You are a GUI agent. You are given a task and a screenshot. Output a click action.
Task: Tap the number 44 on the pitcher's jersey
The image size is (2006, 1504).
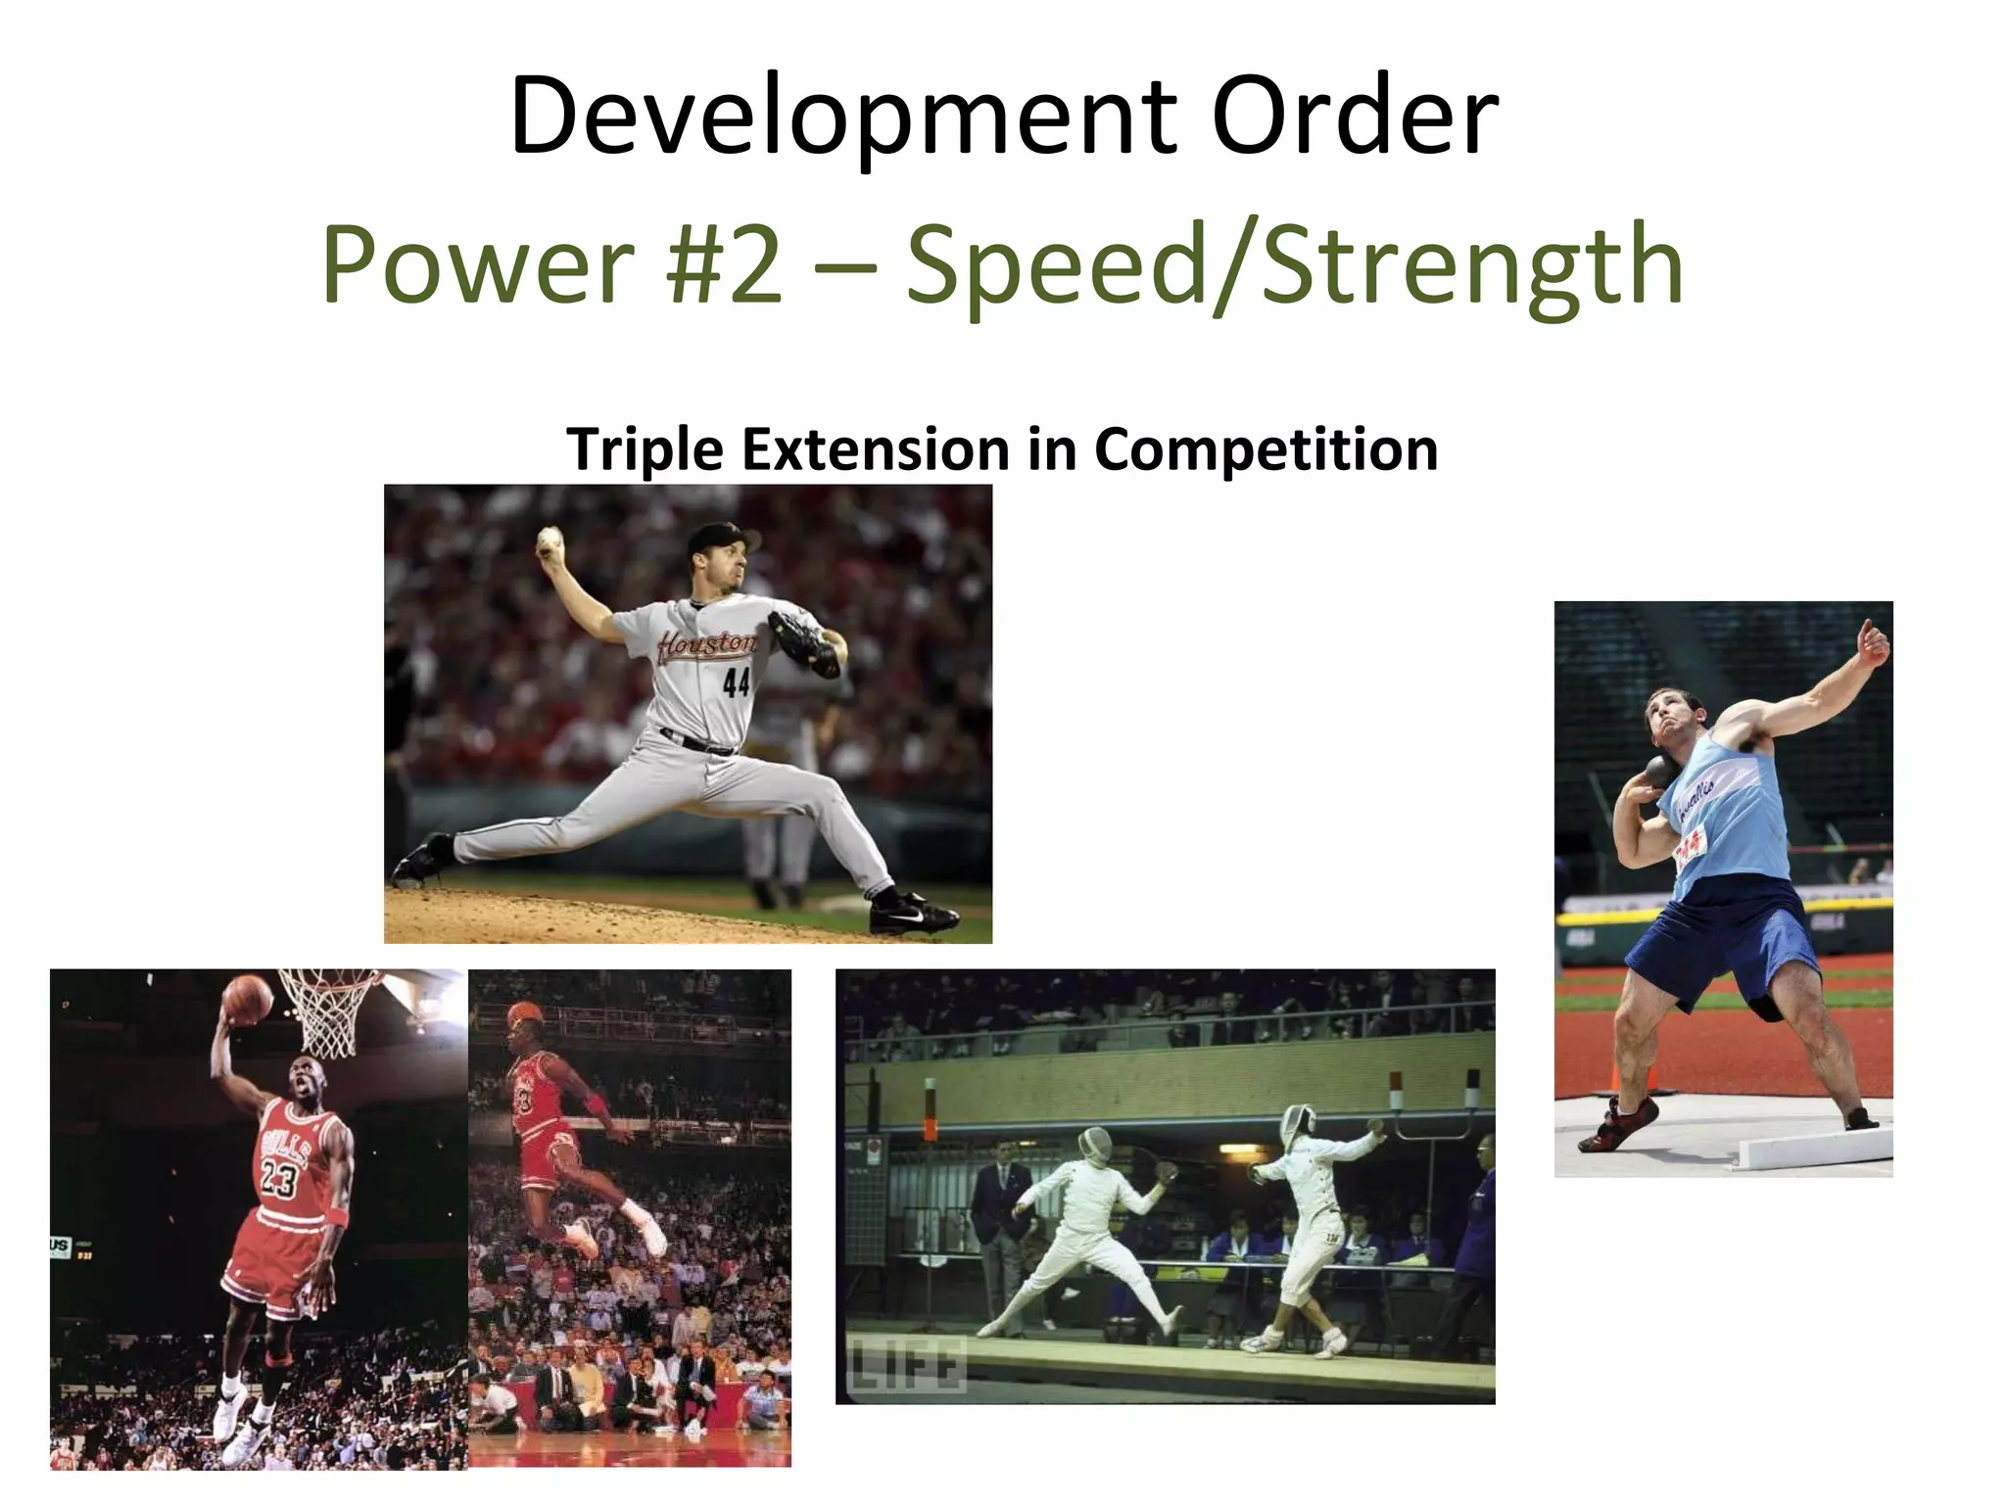[x=737, y=682]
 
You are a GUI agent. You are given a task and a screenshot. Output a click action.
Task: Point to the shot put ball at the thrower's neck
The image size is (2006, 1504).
[x=1659, y=772]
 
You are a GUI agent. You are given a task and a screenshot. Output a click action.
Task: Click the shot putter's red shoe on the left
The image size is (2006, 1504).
[x=1620, y=1126]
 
